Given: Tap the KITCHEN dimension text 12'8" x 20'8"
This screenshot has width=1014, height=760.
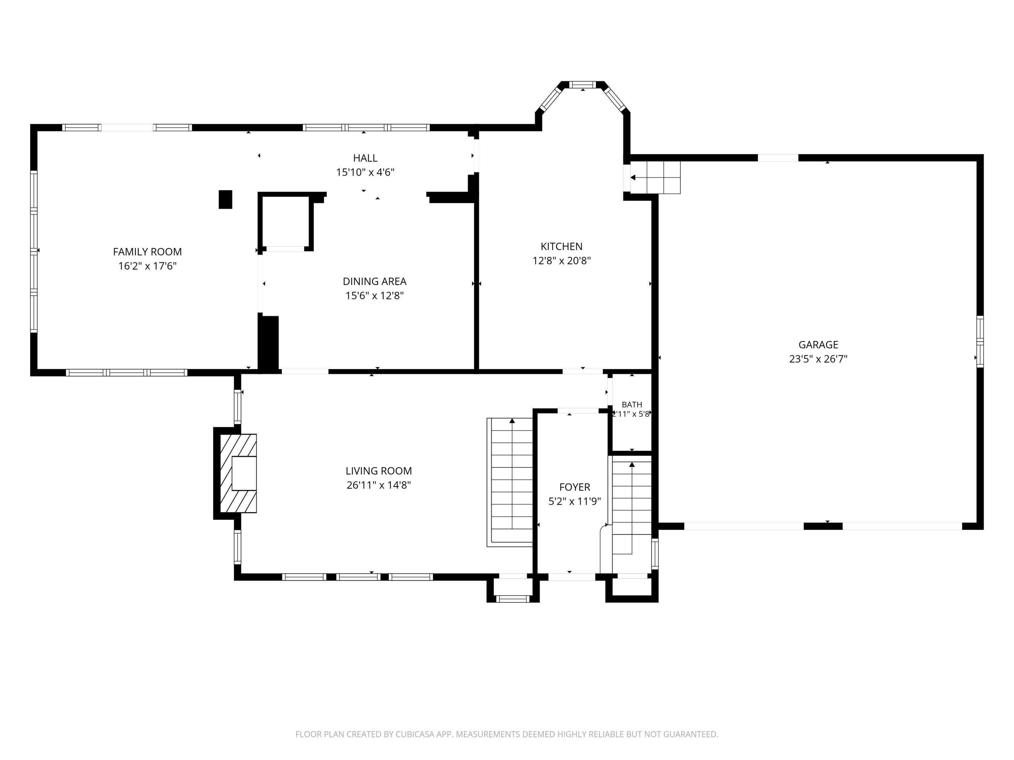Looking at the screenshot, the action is (561, 261).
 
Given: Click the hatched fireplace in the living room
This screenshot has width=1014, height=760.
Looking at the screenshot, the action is (238, 473).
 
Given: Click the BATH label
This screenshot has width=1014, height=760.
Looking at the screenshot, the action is (632, 404).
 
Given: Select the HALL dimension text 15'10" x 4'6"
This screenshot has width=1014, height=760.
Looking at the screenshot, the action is (365, 172).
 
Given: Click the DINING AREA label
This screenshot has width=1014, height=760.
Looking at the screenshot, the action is (375, 281).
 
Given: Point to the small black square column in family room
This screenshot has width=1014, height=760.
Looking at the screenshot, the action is (225, 199).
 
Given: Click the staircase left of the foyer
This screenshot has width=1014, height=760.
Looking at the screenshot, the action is (510, 482).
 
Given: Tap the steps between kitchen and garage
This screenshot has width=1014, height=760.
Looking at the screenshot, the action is (655, 177).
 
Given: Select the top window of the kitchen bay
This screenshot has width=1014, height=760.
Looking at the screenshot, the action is (583, 84).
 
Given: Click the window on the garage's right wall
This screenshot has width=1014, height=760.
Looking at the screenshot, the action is (980, 341).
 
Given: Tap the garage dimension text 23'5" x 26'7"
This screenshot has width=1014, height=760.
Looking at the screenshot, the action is (818, 359).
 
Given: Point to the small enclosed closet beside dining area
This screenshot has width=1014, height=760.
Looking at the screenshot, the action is (286, 222).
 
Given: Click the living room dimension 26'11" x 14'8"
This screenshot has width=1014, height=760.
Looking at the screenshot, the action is (379, 485).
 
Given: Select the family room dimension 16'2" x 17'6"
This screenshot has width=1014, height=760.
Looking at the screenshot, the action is (147, 266).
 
